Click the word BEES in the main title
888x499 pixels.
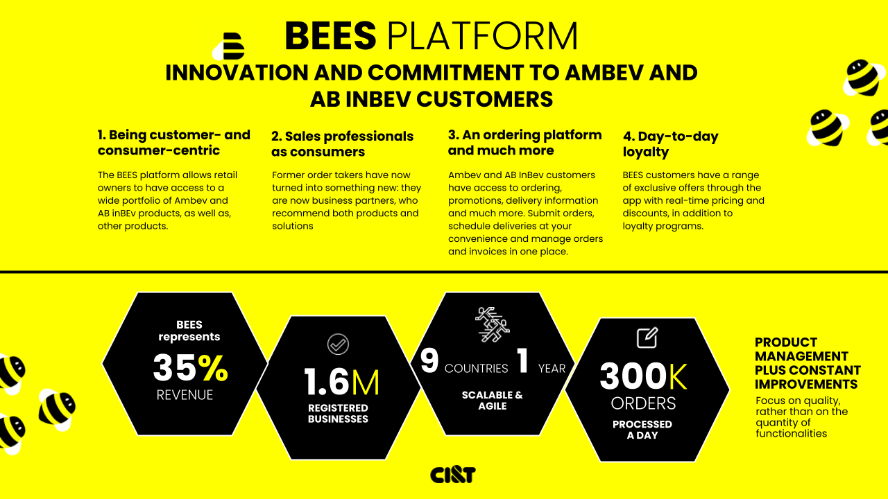pyautogui.click(x=330, y=36)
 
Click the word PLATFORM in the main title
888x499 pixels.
pyautogui.click(x=482, y=36)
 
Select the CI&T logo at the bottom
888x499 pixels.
pyautogui.click(x=452, y=475)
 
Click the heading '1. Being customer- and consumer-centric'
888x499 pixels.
pyautogui.click(x=173, y=143)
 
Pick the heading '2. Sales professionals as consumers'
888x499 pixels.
pyautogui.click(x=342, y=144)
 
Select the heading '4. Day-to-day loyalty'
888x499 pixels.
pyautogui.click(x=670, y=144)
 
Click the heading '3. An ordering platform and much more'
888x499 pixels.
pyautogui.click(x=524, y=143)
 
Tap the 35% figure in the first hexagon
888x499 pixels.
pyautogui.click(x=190, y=368)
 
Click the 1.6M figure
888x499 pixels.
pyautogui.click(x=341, y=382)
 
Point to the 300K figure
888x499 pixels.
pyautogui.click(x=643, y=377)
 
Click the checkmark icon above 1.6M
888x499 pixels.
pyautogui.click(x=338, y=344)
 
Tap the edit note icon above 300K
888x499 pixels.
pyautogui.click(x=647, y=338)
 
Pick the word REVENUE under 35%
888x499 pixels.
pyautogui.click(x=185, y=395)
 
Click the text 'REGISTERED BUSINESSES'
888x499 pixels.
pyautogui.click(x=338, y=413)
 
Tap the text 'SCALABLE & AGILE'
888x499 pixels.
pyautogui.click(x=493, y=401)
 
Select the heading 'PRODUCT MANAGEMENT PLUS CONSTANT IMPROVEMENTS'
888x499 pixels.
pyautogui.click(x=808, y=363)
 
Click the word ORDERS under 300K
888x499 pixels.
pyautogui.click(x=643, y=403)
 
